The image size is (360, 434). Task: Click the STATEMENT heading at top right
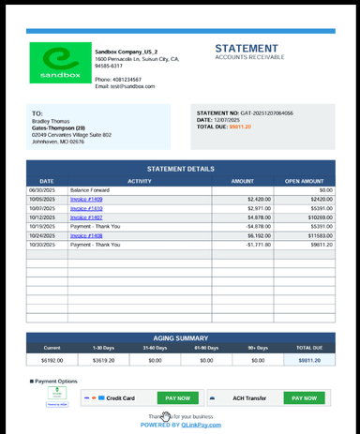247,49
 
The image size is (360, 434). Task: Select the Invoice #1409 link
86,199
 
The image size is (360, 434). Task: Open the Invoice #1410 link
86,208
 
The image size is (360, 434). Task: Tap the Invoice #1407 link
86,217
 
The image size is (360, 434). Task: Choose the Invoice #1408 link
86,235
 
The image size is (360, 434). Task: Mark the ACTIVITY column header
140,181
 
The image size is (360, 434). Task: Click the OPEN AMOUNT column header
305,181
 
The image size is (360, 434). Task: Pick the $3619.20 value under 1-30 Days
103,359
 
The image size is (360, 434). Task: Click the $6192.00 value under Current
52,359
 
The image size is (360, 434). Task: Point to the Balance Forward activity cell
91,190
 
